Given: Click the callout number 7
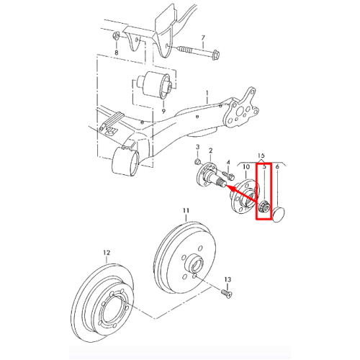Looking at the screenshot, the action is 203,37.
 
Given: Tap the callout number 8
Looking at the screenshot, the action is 117,53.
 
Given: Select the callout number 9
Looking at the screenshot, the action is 163,111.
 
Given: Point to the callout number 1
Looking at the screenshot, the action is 207,93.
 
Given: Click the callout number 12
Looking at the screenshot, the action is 107,253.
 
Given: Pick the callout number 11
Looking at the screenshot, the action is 186,210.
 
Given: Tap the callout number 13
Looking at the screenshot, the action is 228,279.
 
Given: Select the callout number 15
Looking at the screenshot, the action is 261,155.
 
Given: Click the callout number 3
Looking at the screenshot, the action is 197,147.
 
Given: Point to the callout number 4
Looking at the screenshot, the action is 228,163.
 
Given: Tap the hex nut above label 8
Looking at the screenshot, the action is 116,37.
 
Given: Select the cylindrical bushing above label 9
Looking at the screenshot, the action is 155,85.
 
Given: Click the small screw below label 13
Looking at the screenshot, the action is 226,294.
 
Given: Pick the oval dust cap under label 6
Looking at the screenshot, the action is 279,215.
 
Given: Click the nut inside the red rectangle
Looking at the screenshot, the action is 264,207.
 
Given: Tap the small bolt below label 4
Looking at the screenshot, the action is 228,176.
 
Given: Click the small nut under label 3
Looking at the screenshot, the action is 198,162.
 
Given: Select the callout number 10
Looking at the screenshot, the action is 246,166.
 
